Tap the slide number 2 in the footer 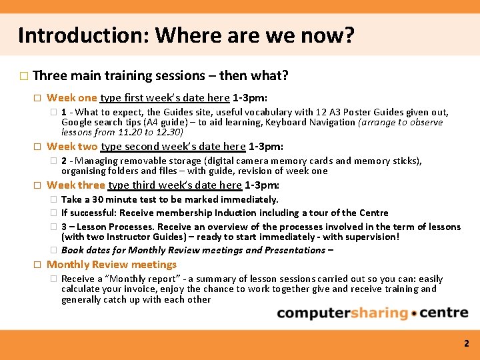click(x=467, y=344)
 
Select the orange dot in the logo click(x=415, y=314)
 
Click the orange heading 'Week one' click(x=71, y=98)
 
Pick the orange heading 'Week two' click(x=72, y=146)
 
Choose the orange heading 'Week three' click(x=75, y=185)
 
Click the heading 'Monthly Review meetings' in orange click(x=111, y=264)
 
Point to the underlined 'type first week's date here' click(x=165, y=98)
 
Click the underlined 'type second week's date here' click(x=173, y=146)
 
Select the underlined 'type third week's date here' click(x=175, y=185)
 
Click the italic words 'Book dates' click(x=85, y=250)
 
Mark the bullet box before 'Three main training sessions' click(x=24, y=76)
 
